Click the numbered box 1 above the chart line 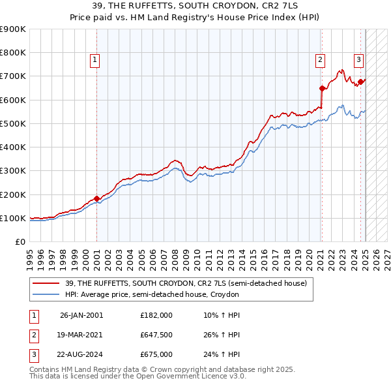tap(95, 60)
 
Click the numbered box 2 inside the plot tap(320, 60)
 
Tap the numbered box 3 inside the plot tap(358, 60)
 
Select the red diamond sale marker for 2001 tap(96, 198)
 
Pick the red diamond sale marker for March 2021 tap(322, 88)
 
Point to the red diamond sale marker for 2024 tap(360, 82)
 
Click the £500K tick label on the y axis tap(13, 123)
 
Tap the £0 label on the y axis tap(21, 241)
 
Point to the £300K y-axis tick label tap(13, 171)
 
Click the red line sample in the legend tap(46, 283)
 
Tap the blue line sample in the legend tap(46, 294)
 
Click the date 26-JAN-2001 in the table tap(81, 315)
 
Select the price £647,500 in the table tap(156, 335)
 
